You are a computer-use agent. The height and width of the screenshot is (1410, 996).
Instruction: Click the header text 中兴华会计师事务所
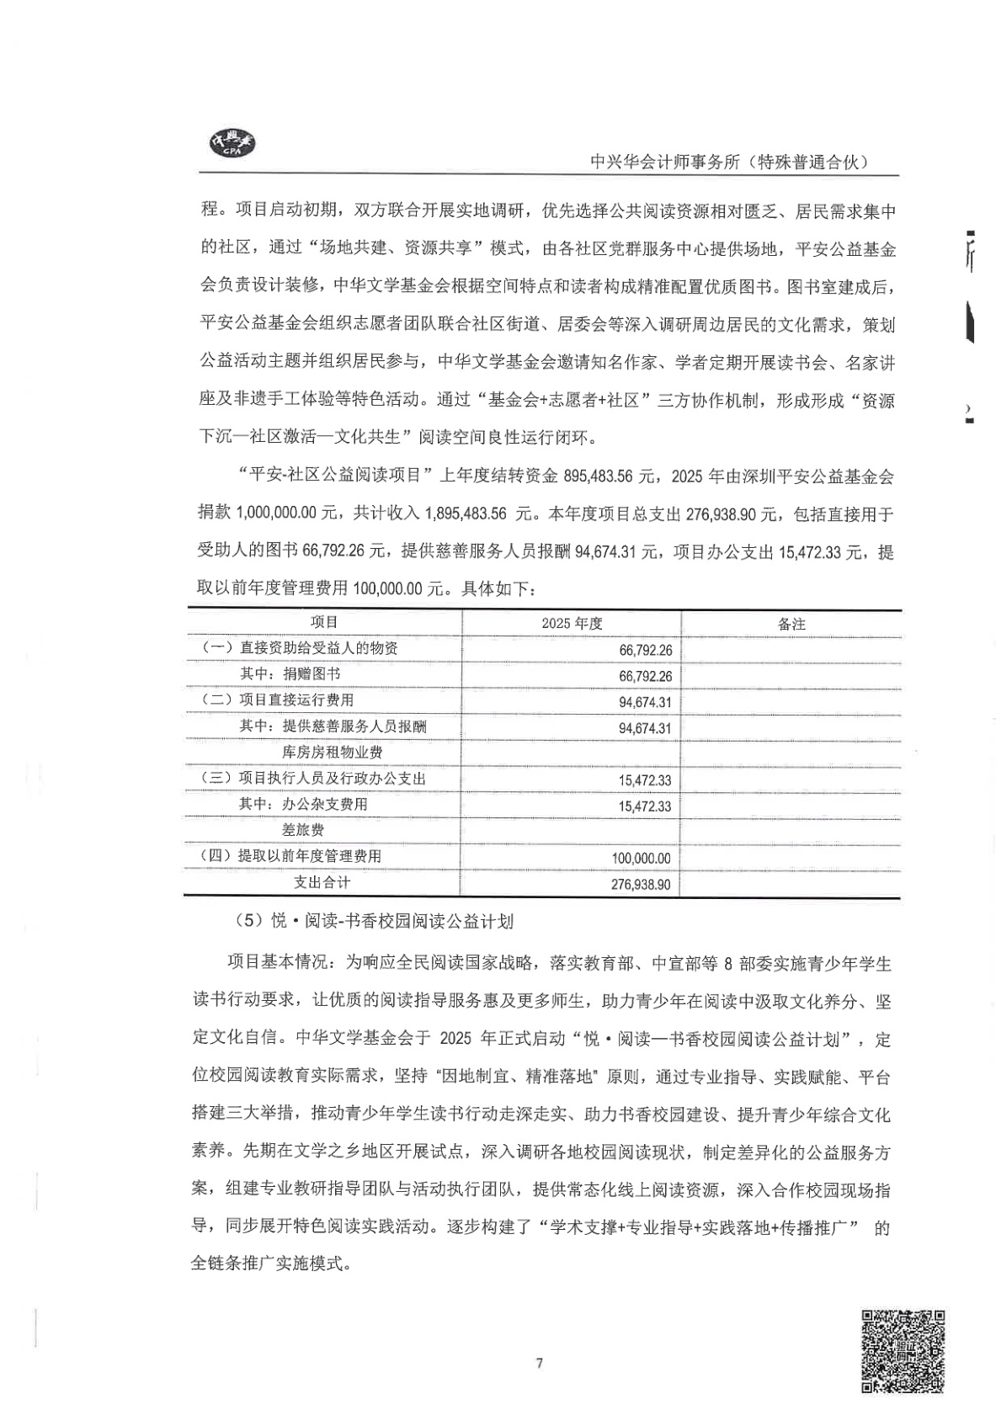pyautogui.click(x=729, y=162)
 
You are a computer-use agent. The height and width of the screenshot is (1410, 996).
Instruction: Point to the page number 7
pyautogui.click(x=540, y=1363)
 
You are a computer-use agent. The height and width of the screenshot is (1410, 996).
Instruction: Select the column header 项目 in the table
pyautogui.click(x=324, y=623)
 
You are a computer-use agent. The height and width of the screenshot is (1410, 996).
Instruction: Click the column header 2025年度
pyautogui.click(x=572, y=624)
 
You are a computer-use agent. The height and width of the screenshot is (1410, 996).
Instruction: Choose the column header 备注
pyautogui.click(x=791, y=624)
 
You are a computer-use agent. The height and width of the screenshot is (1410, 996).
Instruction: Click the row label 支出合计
pyautogui.click(x=322, y=882)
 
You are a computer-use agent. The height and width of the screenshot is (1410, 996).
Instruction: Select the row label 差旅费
pyautogui.click(x=303, y=830)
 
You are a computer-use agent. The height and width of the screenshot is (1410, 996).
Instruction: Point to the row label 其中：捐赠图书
pyautogui.click(x=290, y=674)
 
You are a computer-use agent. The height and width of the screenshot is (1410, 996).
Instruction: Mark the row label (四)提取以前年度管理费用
pyautogui.click(x=290, y=856)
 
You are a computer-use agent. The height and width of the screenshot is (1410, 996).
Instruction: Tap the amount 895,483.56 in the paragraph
pyautogui.click(x=610, y=476)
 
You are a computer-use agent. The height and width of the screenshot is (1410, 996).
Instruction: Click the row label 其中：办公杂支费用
pyautogui.click(x=303, y=804)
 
